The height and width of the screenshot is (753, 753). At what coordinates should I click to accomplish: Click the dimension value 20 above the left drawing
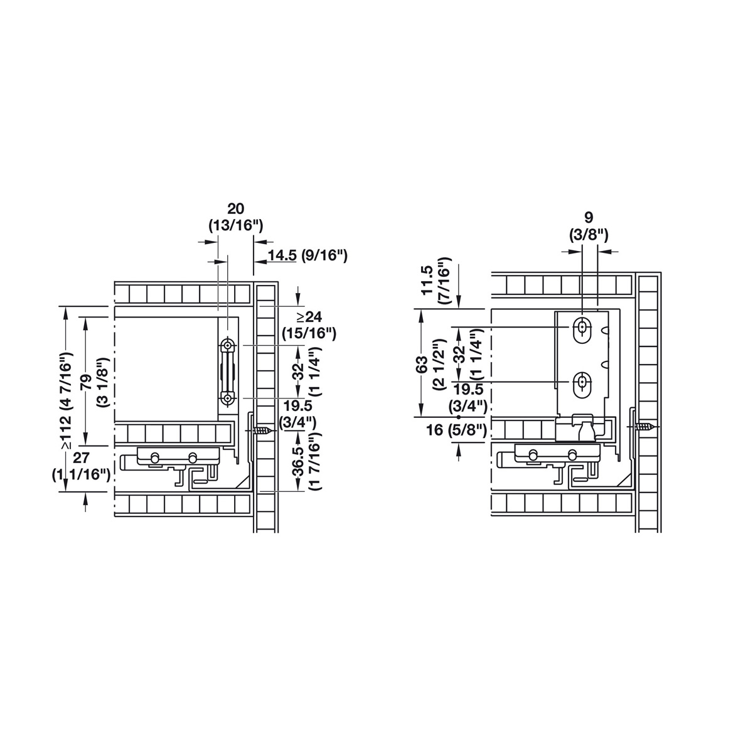236,209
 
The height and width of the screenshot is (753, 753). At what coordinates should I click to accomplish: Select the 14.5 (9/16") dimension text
307,255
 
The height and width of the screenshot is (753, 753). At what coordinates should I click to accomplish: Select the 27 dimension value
81,457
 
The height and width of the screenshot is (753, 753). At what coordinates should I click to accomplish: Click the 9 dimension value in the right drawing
589,218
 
